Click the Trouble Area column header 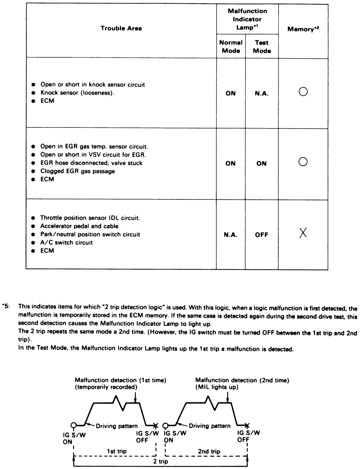point(121,28)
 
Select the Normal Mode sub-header point(231,46)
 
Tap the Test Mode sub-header point(262,46)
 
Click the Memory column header point(303,29)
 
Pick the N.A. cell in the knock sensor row point(262,93)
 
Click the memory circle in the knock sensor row point(303,92)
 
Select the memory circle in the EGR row point(303,163)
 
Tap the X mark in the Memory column point(303,234)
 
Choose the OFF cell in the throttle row point(262,235)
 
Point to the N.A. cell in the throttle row point(231,235)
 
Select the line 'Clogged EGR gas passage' point(77,171)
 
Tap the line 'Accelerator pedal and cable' point(79,226)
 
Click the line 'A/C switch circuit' point(66,243)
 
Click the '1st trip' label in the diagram point(117,451)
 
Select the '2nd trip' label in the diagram point(209,451)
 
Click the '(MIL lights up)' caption point(217,387)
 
